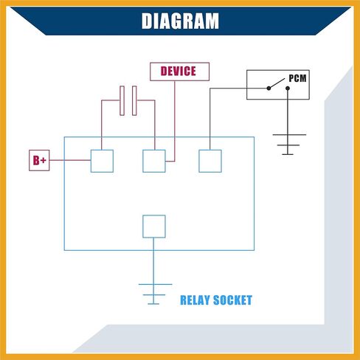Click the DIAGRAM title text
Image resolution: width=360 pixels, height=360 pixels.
[180, 21]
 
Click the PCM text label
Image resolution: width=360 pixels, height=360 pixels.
[297, 78]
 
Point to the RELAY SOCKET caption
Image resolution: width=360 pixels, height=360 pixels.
[216, 300]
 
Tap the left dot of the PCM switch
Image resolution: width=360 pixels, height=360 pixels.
[269, 88]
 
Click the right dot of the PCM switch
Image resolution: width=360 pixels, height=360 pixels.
[288, 88]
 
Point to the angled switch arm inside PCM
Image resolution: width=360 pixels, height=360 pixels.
[277, 83]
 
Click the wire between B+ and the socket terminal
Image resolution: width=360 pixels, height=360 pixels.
[70, 160]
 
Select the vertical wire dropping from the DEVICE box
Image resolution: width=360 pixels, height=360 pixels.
[175, 121]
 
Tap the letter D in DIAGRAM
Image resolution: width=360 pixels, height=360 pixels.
[146, 21]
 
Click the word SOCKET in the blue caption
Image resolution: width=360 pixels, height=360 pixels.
[232, 300]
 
